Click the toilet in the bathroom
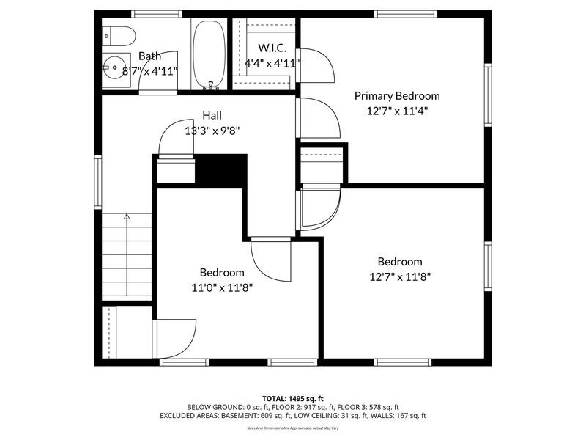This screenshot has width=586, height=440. pos(119,34)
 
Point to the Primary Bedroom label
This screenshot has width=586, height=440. pos(397,95)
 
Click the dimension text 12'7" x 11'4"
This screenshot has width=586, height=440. pos(397,111)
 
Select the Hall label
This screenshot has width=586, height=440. pos(212,115)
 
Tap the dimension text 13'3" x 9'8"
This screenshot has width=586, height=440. pos(212,131)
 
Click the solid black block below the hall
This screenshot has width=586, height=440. pos(222,170)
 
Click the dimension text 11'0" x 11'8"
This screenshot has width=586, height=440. pos(223,287)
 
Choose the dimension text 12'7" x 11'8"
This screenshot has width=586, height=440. pos(399,277)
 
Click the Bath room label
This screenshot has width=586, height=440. pos(149,56)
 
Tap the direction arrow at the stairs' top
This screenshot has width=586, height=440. pos(126,216)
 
